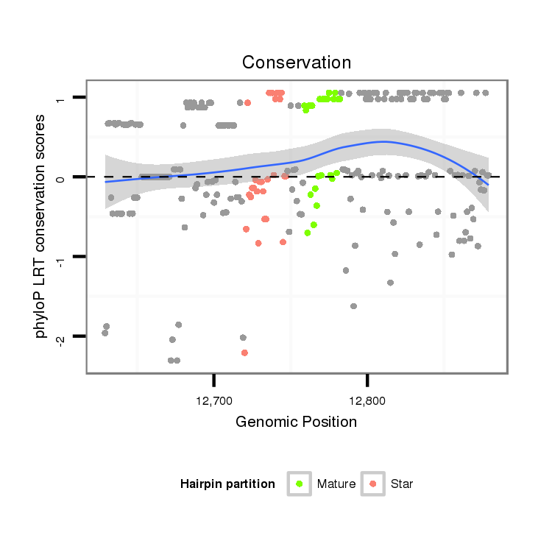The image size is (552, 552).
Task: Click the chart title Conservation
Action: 297,62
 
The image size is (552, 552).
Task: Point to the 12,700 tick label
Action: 213,402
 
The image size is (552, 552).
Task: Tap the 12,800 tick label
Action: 367,402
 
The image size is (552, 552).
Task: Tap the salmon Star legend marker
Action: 373,484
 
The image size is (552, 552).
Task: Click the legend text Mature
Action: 336,484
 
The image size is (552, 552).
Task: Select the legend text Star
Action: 402,484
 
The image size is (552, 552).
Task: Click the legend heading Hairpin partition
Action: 227,484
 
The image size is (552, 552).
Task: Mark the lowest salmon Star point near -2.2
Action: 244,353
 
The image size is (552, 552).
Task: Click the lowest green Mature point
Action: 308,233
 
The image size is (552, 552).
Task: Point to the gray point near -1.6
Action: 353,306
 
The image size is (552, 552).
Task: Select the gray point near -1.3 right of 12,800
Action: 390,283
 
